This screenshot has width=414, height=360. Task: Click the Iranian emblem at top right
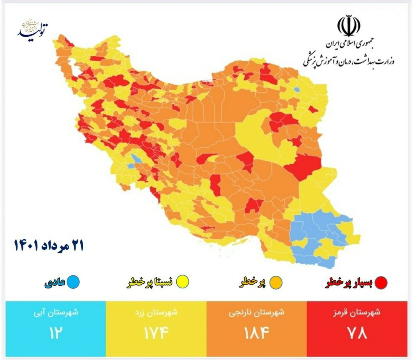(348, 26)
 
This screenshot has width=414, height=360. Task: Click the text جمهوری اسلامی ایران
(350, 44)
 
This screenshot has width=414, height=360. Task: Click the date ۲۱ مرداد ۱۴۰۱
(49, 245)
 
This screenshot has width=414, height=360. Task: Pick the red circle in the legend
(381, 283)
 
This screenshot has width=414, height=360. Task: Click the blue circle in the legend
(73, 282)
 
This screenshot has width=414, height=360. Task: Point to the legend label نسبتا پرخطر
(150, 283)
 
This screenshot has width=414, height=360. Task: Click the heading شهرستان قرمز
(356, 312)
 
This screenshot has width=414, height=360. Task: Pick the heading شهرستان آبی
(55, 312)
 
